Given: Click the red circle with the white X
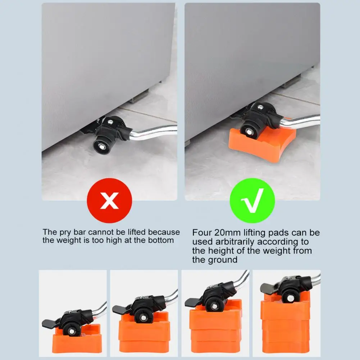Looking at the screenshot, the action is pyautogui.click(x=109, y=200).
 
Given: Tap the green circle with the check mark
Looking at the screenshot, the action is pyautogui.click(x=252, y=200).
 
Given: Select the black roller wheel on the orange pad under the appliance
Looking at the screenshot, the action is pyautogui.click(x=249, y=132).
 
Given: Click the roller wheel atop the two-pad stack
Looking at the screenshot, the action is pyautogui.click(x=143, y=318).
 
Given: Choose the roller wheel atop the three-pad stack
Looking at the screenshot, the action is pyautogui.click(x=214, y=305).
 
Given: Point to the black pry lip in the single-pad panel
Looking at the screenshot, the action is pyautogui.click(x=49, y=324).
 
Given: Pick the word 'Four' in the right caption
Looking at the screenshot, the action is pyautogui.click(x=202, y=233).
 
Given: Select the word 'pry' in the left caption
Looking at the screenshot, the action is pyautogui.click(x=65, y=233).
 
